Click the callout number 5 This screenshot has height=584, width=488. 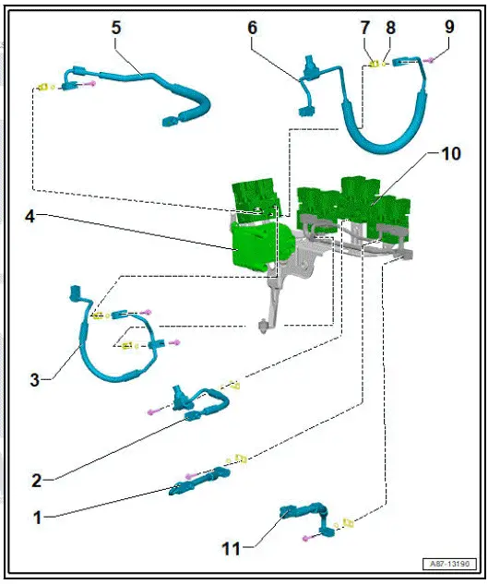(x=115, y=27)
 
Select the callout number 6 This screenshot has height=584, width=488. (x=252, y=27)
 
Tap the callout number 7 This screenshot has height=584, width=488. (x=364, y=27)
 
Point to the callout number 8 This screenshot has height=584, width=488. (x=388, y=27)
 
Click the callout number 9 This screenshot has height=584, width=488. (x=449, y=27)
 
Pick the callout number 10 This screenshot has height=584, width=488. (x=451, y=153)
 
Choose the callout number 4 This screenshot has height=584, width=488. (x=30, y=218)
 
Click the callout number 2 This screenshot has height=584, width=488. (x=36, y=480)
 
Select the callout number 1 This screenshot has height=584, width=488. (x=37, y=518)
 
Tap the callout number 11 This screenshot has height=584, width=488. (x=230, y=548)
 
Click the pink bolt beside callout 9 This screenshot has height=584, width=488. (x=431, y=60)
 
